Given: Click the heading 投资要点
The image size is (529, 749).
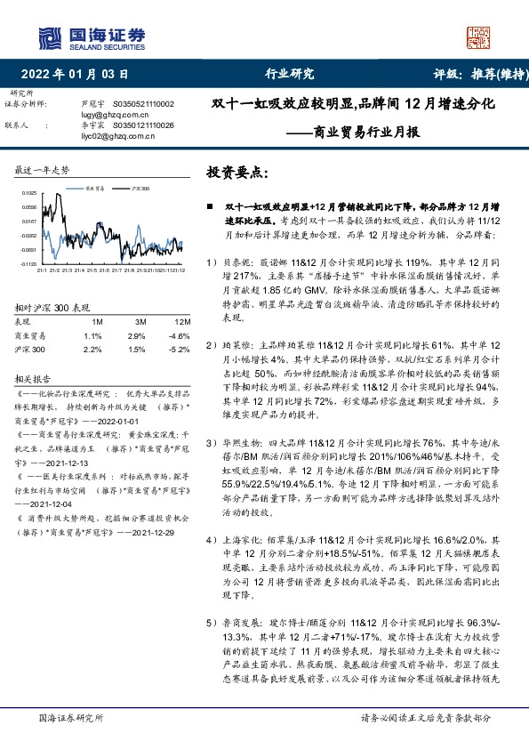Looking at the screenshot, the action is (236, 172).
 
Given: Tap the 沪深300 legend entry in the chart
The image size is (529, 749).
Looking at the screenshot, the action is (140, 189).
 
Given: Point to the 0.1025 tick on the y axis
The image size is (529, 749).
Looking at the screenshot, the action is (30, 193).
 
